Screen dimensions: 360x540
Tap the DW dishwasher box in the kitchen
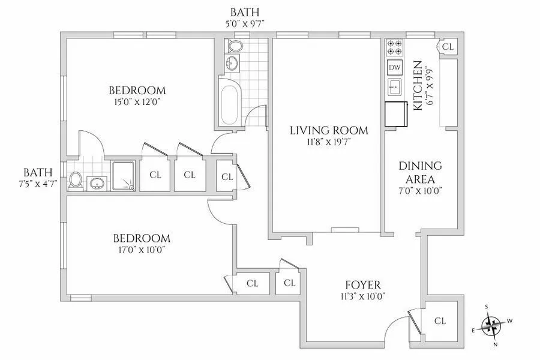[x=395, y=68]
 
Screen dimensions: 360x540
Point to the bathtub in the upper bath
[x=229, y=103]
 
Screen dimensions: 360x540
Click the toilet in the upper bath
[x=236, y=47]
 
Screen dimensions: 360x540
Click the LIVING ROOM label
[x=329, y=130]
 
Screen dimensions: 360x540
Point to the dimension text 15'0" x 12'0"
[x=137, y=102]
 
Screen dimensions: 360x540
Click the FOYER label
[x=362, y=284]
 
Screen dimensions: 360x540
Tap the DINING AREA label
[x=420, y=172]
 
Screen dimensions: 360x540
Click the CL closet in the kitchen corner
[x=448, y=47]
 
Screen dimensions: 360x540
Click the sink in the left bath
[x=97, y=183]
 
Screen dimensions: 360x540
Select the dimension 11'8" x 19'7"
[x=329, y=142]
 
